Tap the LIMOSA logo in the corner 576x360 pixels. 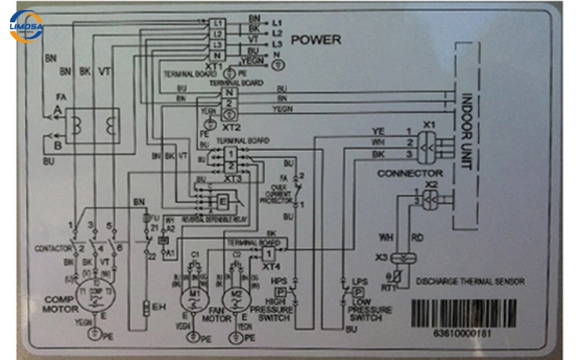pyautogui.click(x=26, y=26)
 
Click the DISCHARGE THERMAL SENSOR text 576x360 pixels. pyautogui.click(x=470, y=282)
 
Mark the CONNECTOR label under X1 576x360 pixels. pyautogui.click(x=410, y=174)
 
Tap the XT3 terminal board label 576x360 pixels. pyautogui.click(x=233, y=178)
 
